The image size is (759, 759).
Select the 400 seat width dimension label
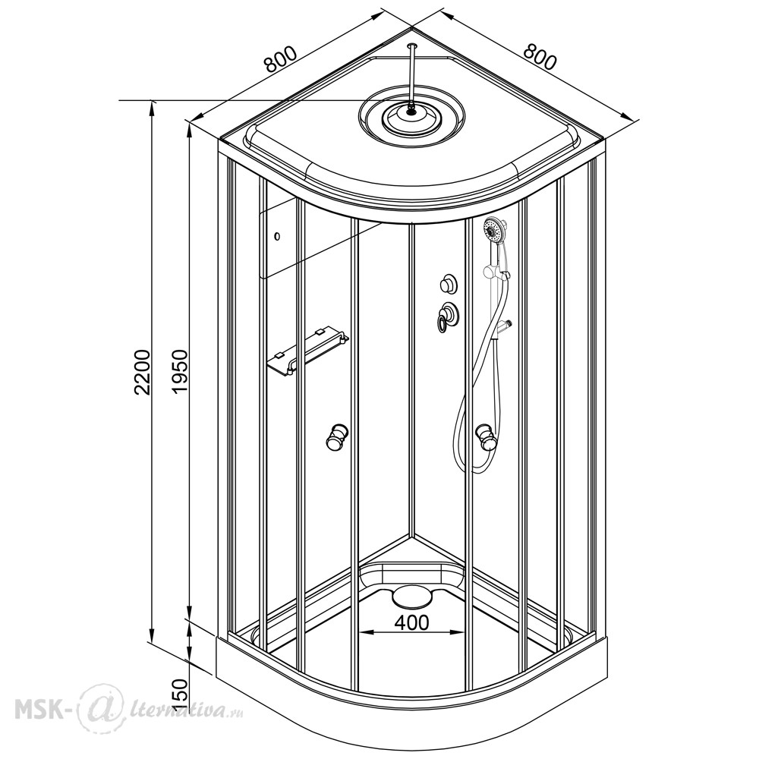click(x=411, y=622)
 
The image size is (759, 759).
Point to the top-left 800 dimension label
click(x=279, y=59)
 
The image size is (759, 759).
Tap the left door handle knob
click(x=337, y=436)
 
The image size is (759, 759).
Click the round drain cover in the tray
click(x=411, y=597)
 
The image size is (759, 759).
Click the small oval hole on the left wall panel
click(x=277, y=237)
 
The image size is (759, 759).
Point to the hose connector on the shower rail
click(x=503, y=326)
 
